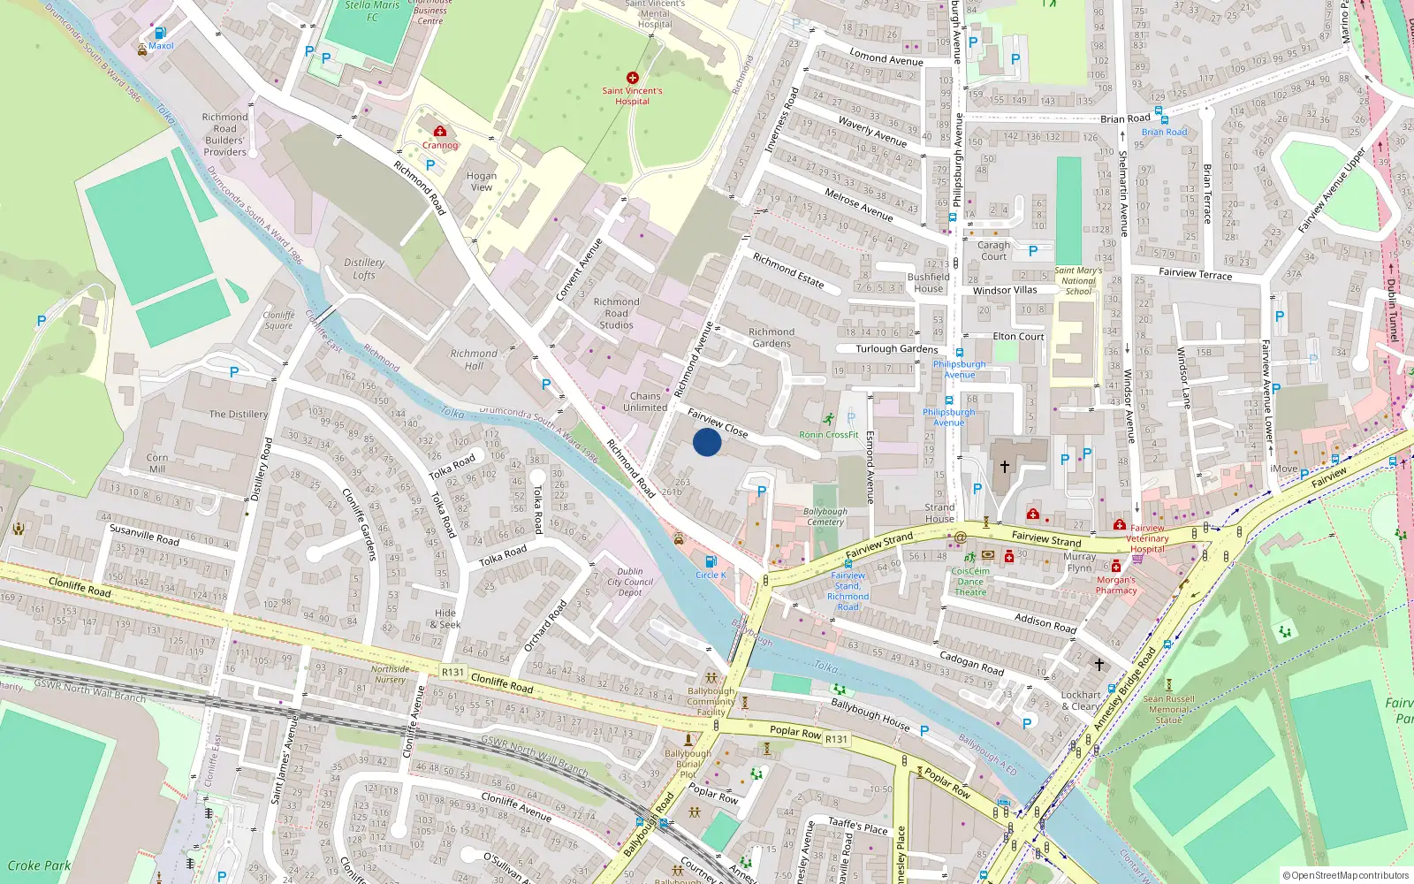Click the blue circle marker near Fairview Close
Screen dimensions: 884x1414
pyautogui.click(x=706, y=442)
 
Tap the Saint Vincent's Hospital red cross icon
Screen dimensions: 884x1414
pyautogui.click(x=632, y=78)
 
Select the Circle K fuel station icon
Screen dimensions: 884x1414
pyautogui.click(x=711, y=562)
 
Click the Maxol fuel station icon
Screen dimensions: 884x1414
pyautogui.click(x=160, y=34)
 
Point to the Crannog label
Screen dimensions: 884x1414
pyautogui.click(x=439, y=145)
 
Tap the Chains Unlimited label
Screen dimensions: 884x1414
pyautogui.click(x=645, y=402)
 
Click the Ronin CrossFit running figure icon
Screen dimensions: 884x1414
pyautogui.click(x=829, y=419)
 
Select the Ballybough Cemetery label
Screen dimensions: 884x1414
pyautogui.click(x=825, y=517)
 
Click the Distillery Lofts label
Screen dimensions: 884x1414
pyautogui.click(x=364, y=269)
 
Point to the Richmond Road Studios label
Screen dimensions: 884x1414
pyautogui.click(x=616, y=314)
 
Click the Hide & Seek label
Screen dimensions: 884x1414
pyautogui.click(x=445, y=619)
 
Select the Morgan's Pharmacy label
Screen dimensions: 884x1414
pyautogui.click(x=1116, y=585)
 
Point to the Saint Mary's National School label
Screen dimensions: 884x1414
pyautogui.click(x=1078, y=281)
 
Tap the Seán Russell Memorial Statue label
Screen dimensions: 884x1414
pyautogui.click(x=1168, y=709)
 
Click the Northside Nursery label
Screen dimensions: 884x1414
pyautogui.click(x=390, y=674)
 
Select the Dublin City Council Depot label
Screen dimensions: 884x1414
pyautogui.click(x=630, y=582)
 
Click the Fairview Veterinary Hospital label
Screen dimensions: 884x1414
pyautogui.click(x=1147, y=538)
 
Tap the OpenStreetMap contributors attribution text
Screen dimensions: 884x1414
pyautogui.click(x=1347, y=876)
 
